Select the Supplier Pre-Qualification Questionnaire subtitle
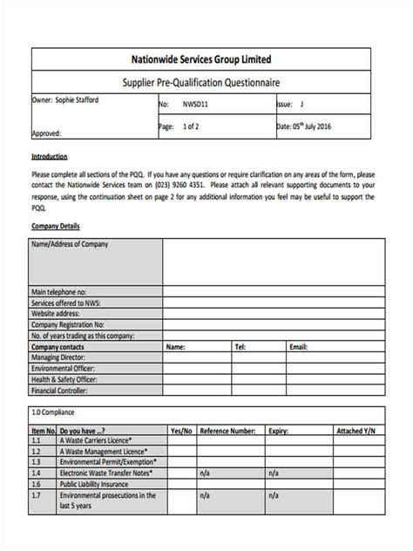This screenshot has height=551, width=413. (206, 83)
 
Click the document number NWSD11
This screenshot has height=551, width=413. (196, 104)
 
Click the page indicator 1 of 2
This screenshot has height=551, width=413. (192, 126)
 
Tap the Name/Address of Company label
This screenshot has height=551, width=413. (70, 245)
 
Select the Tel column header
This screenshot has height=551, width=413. (240, 346)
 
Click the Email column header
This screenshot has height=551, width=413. (299, 346)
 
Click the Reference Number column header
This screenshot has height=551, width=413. (227, 431)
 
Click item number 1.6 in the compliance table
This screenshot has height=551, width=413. (37, 484)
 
